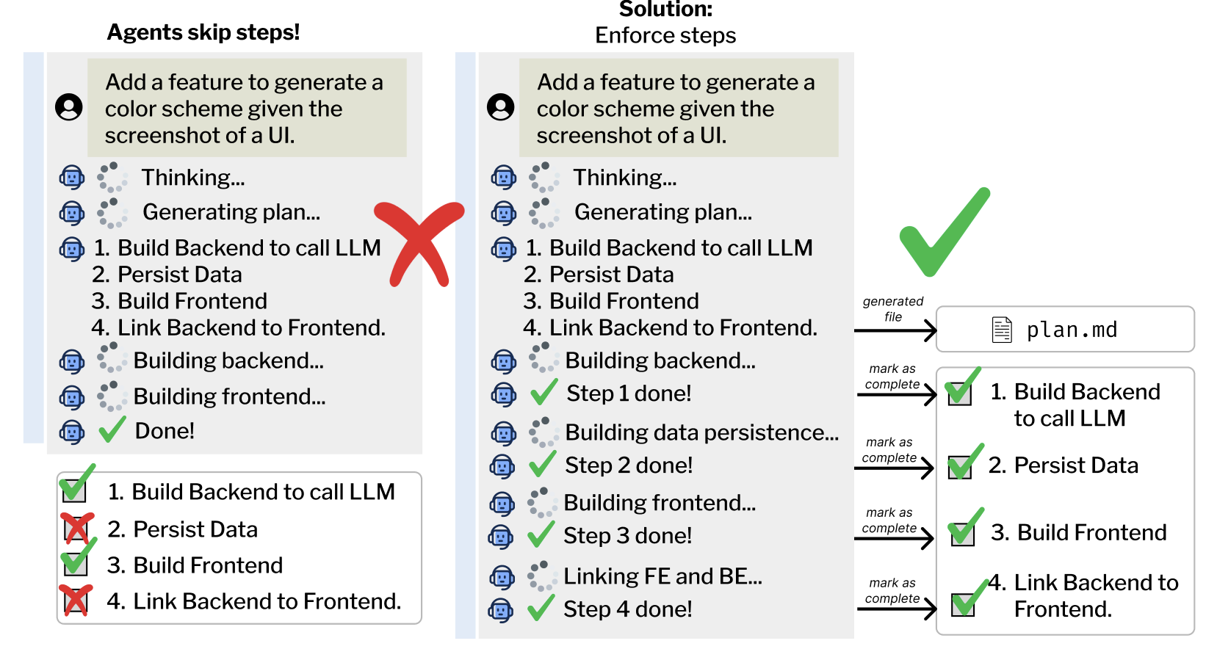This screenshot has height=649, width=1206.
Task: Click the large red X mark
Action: [x=419, y=244]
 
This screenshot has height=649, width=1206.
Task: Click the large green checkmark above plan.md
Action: [x=944, y=231]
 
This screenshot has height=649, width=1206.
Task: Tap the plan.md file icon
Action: [x=1002, y=330]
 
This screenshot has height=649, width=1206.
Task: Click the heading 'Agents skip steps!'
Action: [x=203, y=32]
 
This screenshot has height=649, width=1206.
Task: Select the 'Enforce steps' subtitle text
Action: [x=665, y=35]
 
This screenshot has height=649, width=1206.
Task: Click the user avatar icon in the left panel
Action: [x=69, y=107]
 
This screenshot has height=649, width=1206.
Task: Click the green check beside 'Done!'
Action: [x=112, y=430]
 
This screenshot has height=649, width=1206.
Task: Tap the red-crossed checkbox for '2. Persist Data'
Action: [x=76, y=529]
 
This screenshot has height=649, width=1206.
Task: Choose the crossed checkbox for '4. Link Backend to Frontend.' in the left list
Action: [x=76, y=600]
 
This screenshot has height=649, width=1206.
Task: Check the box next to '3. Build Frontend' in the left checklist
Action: [x=76, y=562]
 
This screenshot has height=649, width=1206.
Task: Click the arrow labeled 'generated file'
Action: [x=895, y=330]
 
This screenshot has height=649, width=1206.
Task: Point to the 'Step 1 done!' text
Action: [x=629, y=394]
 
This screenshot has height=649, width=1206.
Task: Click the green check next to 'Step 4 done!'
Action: [x=541, y=608]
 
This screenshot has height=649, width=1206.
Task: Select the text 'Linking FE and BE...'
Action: [x=662, y=576]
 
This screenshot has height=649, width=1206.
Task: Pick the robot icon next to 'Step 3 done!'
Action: [x=501, y=537]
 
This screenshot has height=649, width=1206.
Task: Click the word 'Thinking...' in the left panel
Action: [x=193, y=178]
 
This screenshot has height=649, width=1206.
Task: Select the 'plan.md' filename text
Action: [x=1072, y=330]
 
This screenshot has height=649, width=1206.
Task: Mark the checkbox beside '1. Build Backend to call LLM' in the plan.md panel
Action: [x=959, y=392]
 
